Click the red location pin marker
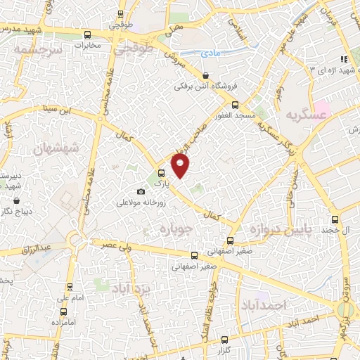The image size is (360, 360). click(181, 167)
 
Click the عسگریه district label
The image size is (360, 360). click(302, 115)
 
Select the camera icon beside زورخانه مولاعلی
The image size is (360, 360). click(141, 192)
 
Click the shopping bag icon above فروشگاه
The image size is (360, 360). click(205, 75)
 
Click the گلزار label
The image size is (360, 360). click(242, 349)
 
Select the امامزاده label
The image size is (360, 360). click(63, 321)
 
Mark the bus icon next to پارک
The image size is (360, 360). click(162, 173)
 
